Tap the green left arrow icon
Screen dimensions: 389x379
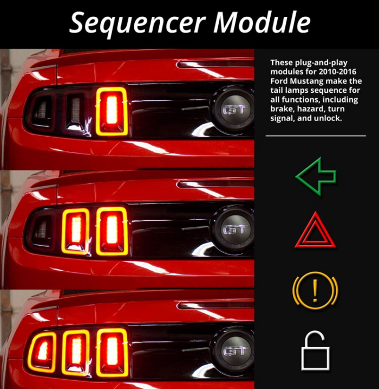click(316, 176)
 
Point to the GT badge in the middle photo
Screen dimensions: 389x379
click(234, 229)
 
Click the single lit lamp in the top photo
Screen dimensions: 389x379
click(112, 111)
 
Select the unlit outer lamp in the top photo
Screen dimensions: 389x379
click(41, 110)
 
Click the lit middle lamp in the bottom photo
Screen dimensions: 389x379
click(76, 352)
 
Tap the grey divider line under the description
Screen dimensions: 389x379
click(316, 136)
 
